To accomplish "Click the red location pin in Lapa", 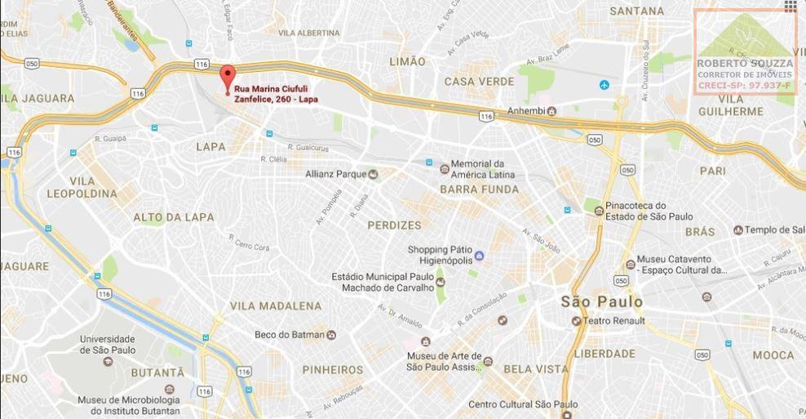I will pyautogui.click(x=228, y=76).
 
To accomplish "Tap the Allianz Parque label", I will pyautogui.click(x=336, y=174).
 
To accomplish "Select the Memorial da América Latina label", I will pyautogui.click(x=488, y=169).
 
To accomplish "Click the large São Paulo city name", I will pyautogui.click(x=602, y=301).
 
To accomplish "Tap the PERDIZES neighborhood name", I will pyautogui.click(x=394, y=225).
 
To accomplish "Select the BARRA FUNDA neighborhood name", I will pyautogui.click(x=479, y=189).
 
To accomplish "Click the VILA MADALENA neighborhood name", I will pyautogui.click(x=276, y=305).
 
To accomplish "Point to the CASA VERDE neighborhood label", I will pyautogui.click(x=479, y=82).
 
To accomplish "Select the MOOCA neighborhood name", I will pyautogui.click(x=773, y=355).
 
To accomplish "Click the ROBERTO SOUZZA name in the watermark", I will pyautogui.click(x=744, y=64).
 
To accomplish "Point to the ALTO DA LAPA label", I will pyautogui.click(x=174, y=217).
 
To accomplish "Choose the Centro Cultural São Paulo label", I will pyautogui.click(x=523, y=404).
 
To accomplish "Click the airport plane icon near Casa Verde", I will pyautogui.click(x=604, y=85).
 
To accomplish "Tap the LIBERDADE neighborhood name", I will pyautogui.click(x=604, y=354).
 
